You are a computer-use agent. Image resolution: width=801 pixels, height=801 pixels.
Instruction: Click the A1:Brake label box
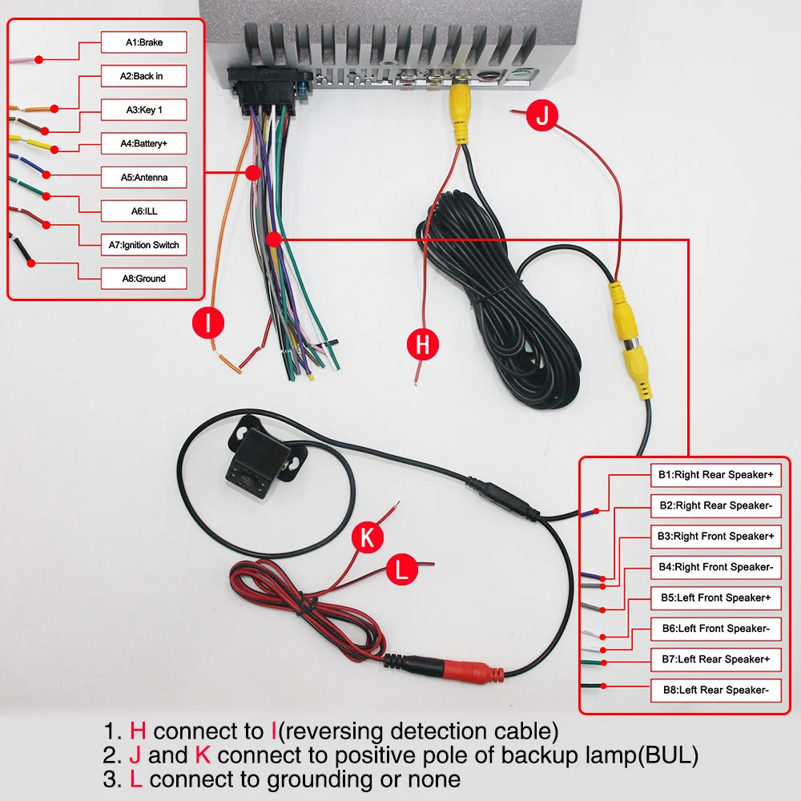point(144,42)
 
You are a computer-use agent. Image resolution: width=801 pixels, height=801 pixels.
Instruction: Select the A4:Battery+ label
point(144,144)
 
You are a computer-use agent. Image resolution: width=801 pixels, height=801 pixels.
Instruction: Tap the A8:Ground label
point(144,279)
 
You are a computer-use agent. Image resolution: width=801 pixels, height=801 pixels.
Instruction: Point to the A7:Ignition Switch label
point(144,245)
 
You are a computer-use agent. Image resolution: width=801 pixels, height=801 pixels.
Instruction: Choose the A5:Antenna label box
point(144,178)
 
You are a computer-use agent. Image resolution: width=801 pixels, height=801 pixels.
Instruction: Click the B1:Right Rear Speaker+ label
point(715,475)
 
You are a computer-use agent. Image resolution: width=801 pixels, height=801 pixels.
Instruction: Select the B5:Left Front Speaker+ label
point(715,598)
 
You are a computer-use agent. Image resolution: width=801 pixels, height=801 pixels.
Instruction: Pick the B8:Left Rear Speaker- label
point(715,690)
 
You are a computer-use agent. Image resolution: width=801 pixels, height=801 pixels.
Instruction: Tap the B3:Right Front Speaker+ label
point(715,536)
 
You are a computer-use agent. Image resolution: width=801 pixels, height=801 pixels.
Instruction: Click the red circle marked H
point(423,345)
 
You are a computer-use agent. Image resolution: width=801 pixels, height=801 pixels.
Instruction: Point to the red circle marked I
point(208,324)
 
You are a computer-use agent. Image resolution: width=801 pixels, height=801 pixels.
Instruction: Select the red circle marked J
point(543,116)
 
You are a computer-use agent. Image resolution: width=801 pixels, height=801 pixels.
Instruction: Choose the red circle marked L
point(402,570)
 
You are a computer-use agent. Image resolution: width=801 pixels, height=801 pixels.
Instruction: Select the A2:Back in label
point(144,76)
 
